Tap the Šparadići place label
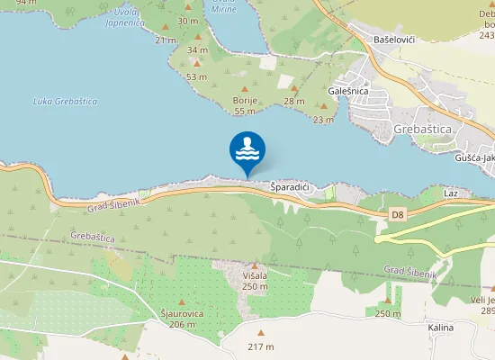pyautogui.click(x=290, y=187)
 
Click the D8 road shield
pyautogui.click(x=398, y=214)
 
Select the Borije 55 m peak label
pyautogui.click(x=245, y=105)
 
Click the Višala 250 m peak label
pyautogui.click(x=256, y=281)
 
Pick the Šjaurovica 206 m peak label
pyautogui.click(x=182, y=319)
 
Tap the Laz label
pyautogui.click(x=451, y=193)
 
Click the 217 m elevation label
pyautogui.click(x=261, y=347)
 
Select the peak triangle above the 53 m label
pyautogui.click(x=197, y=63)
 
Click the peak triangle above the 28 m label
pyautogui.click(x=293, y=88)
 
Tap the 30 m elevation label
pyautogui.click(x=187, y=21)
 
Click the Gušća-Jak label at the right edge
pyautogui.click(x=475, y=157)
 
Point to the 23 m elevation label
pyautogui.click(x=323, y=120)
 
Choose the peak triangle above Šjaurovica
pyautogui.click(x=183, y=301)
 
